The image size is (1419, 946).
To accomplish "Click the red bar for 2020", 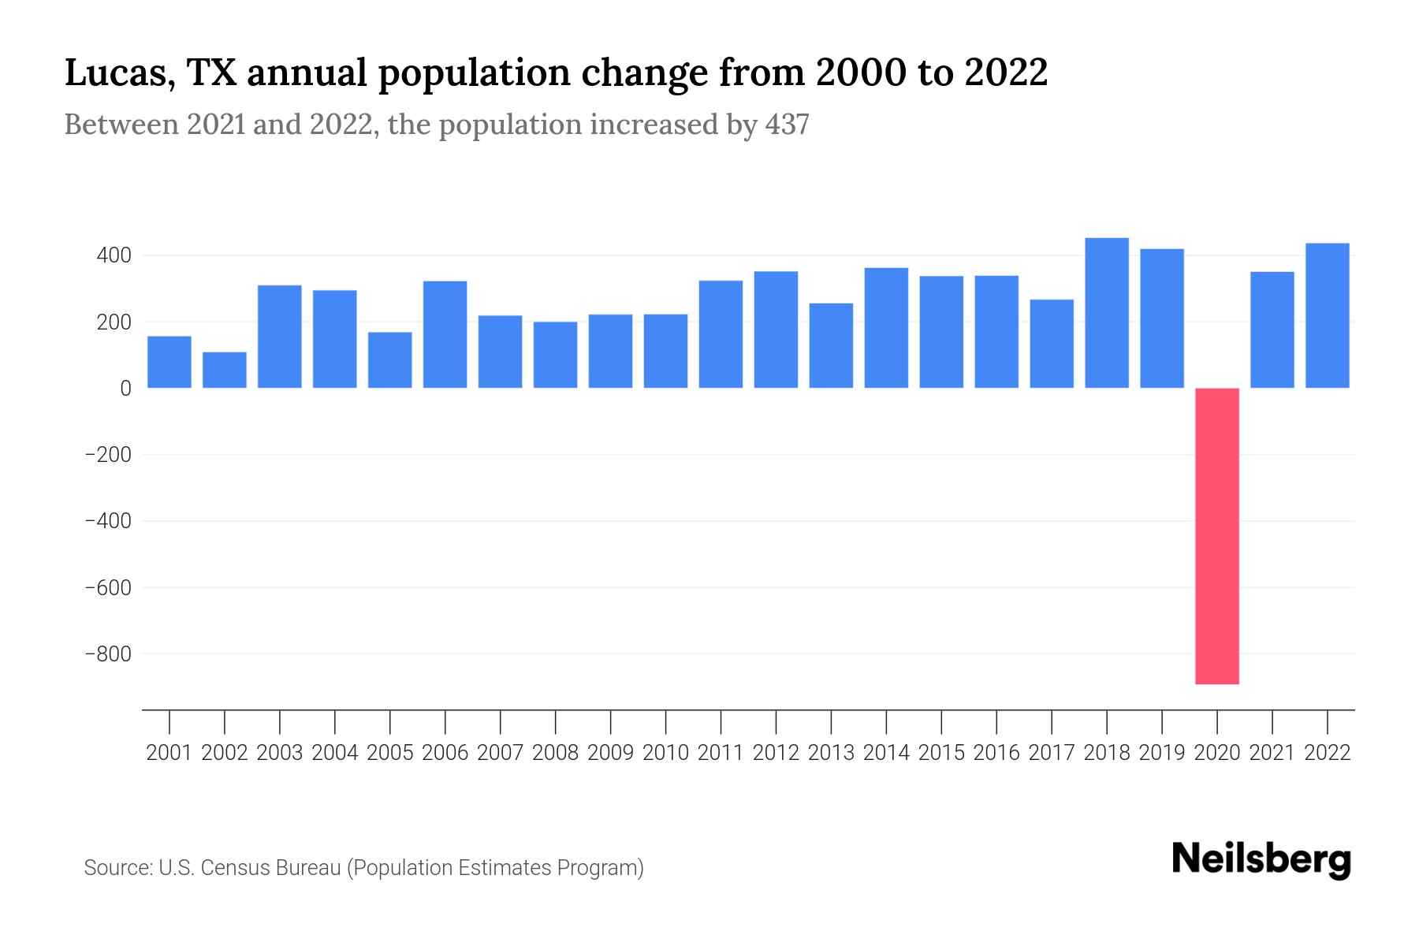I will [1217, 536].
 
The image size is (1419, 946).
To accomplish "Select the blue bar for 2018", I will [1107, 313].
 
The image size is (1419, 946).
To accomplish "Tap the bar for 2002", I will [225, 370].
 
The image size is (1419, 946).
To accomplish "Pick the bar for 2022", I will [1328, 315].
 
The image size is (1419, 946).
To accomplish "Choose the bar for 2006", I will [445, 334].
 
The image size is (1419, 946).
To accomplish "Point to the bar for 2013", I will [831, 345].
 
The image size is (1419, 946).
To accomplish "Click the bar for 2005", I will [390, 359].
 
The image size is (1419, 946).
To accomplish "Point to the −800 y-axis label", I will [108, 654].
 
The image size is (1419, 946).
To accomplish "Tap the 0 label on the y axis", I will [125, 389].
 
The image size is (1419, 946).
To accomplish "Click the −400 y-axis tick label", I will [108, 522].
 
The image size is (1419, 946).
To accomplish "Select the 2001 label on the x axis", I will [169, 753].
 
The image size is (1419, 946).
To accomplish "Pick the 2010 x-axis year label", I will [665, 753].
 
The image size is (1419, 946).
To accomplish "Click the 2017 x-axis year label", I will [1052, 753].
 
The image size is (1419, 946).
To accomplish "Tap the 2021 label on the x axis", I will [1272, 753].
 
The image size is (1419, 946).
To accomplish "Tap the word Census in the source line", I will [237, 868].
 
